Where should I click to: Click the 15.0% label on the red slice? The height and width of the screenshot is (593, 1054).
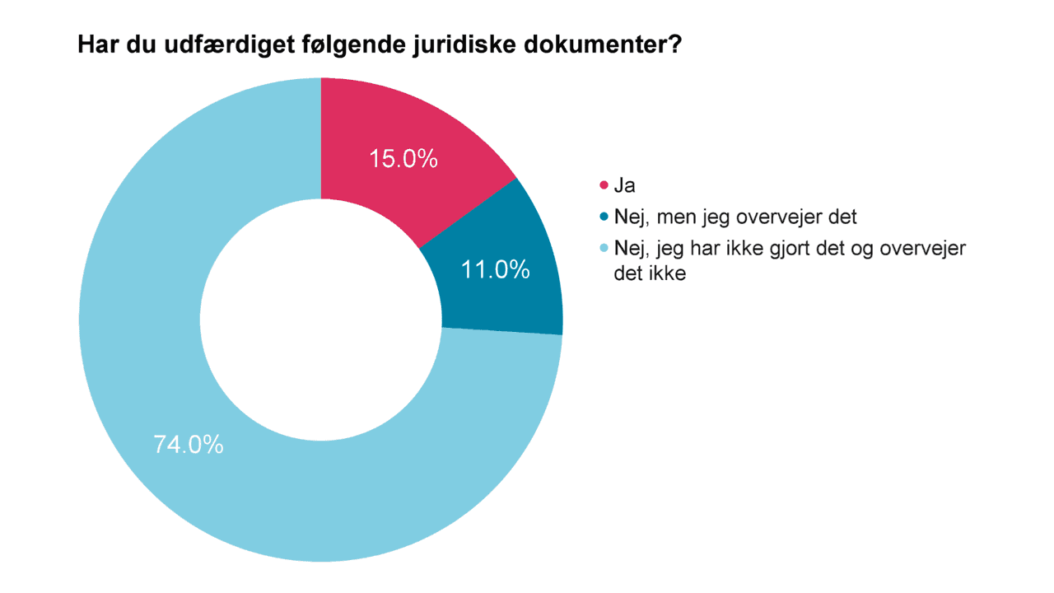403,159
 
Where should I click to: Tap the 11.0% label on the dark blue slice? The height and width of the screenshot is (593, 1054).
495,269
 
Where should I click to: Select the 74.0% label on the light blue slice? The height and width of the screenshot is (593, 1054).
189,445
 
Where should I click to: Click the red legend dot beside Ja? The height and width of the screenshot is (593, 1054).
604,186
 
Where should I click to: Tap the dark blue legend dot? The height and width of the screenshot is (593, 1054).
604,217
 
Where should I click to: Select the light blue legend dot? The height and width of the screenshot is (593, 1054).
604,249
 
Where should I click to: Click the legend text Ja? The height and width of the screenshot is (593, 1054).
625,186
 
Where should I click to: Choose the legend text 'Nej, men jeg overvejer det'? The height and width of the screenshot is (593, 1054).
735,217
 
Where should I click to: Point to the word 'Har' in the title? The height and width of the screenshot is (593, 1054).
96,44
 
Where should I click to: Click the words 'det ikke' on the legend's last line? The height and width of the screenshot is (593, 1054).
650,274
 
